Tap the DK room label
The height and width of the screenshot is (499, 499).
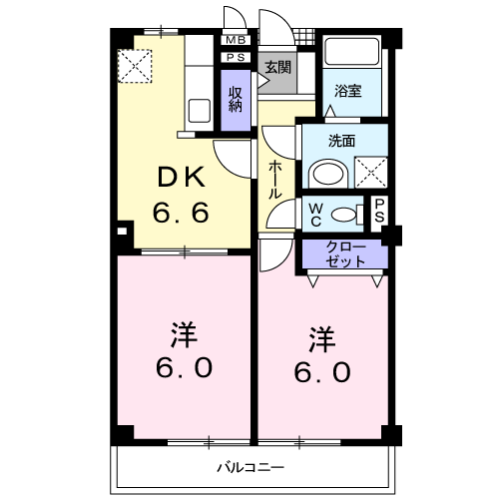(x=182, y=180)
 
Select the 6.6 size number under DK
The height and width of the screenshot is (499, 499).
(x=182, y=213)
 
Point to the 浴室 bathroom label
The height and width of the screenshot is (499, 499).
(x=347, y=89)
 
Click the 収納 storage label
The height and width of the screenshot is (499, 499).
(x=236, y=98)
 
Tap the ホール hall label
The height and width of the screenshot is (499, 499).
(x=274, y=182)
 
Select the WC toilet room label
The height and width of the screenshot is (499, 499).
(x=314, y=213)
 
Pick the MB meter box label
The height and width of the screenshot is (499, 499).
(x=236, y=40)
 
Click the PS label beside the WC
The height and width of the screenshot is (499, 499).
(x=379, y=212)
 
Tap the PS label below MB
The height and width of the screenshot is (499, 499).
(x=236, y=57)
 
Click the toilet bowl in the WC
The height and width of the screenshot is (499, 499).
(x=345, y=213)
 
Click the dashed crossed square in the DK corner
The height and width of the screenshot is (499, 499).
(x=132, y=65)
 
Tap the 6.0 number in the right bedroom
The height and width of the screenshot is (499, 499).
(x=321, y=371)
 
